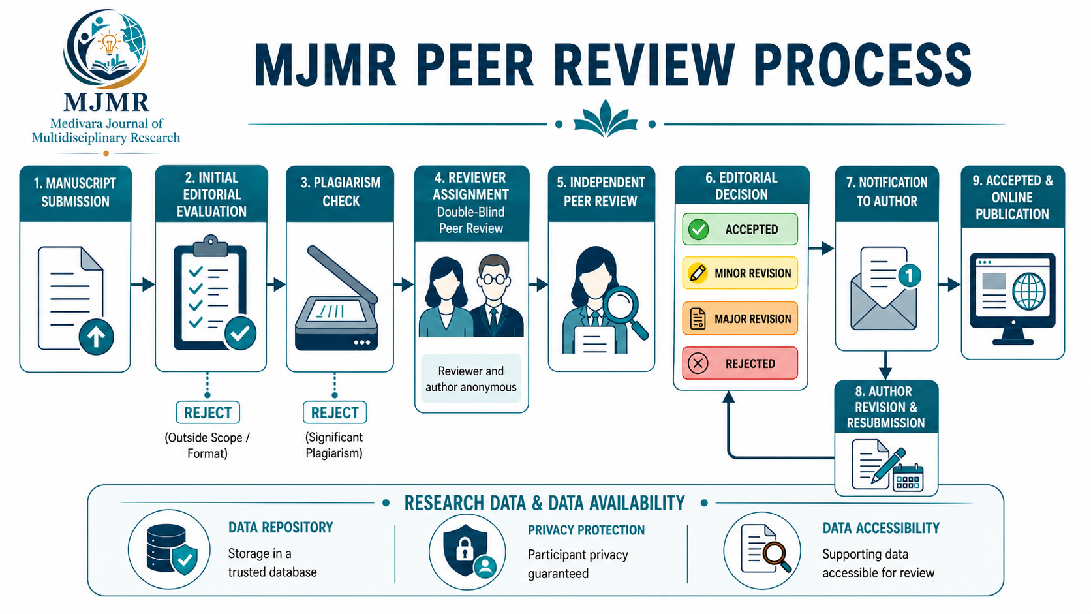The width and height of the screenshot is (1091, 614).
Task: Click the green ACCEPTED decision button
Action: [x=740, y=229]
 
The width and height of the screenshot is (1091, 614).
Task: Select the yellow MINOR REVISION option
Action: [x=740, y=273]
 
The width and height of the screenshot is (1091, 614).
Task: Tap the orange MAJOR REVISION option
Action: [x=740, y=318]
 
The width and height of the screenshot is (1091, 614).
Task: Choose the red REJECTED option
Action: [x=740, y=363]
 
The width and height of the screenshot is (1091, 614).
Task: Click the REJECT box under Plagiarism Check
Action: [x=335, y=412]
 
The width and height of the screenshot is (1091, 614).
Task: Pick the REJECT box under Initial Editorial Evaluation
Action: [x=207, y=412]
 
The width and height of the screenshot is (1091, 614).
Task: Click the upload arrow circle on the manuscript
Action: [x=96, y=337]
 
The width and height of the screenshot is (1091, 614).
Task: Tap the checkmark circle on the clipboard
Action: [x=240, y=333]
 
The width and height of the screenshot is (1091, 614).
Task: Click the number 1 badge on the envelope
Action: [x=909, y=276]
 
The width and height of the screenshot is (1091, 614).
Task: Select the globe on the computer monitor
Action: [x=1028, y=291]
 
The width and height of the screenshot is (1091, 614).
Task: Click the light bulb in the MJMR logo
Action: [x=108, y=44]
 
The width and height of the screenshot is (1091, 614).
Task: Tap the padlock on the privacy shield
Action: [x=464, y=549]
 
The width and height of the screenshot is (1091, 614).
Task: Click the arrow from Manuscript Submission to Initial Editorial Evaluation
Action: [x=143, y=284]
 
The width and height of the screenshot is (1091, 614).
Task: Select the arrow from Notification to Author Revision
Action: [x=885, y=365]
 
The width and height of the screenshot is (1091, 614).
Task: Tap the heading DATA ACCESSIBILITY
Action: [x=881, y=529]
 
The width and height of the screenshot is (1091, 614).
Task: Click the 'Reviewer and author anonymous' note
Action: [x=471, y=379]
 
